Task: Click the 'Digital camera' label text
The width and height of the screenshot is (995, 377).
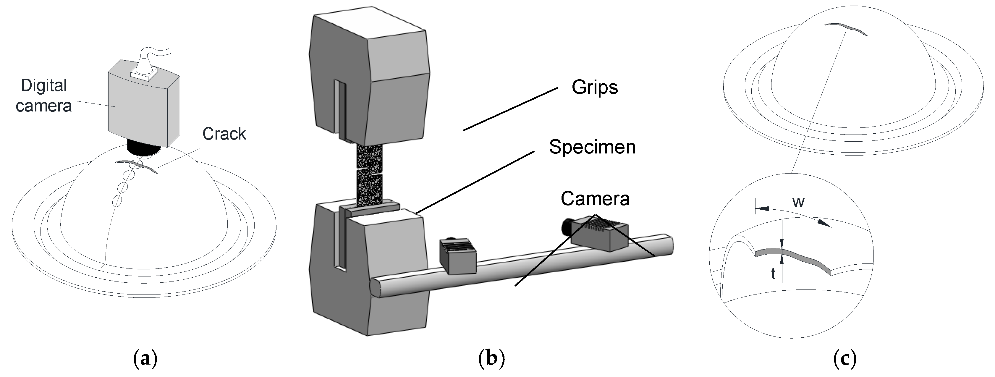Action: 44,96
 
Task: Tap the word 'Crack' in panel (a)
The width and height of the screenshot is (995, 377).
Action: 224,134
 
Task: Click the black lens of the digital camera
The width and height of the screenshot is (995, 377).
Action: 143,148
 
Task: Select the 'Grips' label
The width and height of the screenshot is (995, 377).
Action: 594,87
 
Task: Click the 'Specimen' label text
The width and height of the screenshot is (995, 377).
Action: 592,147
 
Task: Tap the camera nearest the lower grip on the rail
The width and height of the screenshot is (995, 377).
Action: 458,256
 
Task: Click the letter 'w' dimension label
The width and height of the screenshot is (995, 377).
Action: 798,201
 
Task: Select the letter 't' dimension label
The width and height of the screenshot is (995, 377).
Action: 773,274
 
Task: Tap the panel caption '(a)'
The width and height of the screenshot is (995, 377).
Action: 145,359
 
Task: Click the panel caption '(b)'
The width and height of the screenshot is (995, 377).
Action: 491,359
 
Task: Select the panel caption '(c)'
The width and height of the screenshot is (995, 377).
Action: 845,359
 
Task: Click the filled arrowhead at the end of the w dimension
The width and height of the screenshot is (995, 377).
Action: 824,222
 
